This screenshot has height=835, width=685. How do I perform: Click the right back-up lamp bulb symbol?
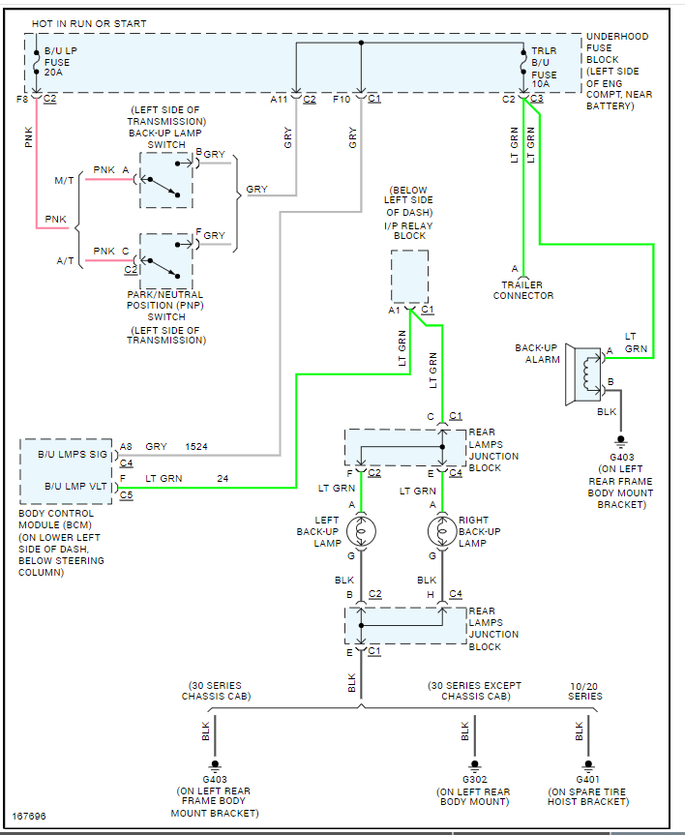(442, 530)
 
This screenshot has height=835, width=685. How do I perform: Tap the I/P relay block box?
(409, 277)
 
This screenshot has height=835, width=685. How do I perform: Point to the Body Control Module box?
(68, 470)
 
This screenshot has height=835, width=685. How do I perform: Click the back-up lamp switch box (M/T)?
(166, 180)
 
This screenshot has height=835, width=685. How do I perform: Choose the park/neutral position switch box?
(166, 260)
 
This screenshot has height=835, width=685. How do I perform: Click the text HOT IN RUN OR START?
(90, 22)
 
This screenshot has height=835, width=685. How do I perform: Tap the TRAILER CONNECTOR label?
(522, 289)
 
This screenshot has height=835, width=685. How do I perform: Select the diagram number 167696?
(29, 817)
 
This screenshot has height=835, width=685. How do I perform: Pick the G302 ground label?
(474, 779)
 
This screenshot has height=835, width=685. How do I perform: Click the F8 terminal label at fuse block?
(22, 99)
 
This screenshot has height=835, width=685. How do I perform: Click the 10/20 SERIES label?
(584, 691)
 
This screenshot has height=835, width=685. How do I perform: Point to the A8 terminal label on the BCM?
(125, 447)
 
